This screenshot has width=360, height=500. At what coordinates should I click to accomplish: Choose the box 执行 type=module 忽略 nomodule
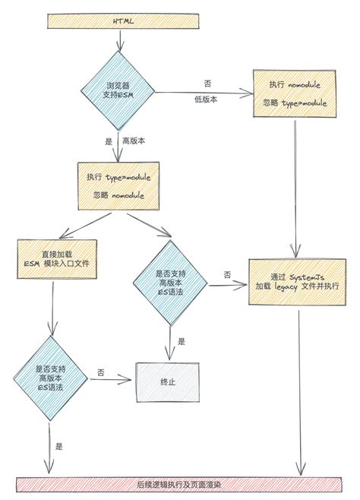pyautogui.click(x=118, y=185)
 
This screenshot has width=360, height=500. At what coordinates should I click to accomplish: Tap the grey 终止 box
pyautogui.click(x=167, y=383)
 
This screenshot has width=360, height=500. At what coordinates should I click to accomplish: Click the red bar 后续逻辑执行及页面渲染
pyautogui.click(x=179, y=483)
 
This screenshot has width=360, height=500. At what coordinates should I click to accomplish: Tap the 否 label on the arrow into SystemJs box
pyautogui.click(x=227, y=274)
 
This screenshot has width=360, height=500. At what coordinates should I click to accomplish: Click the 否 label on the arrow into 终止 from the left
pyautogui.click(x=100, y=372)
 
